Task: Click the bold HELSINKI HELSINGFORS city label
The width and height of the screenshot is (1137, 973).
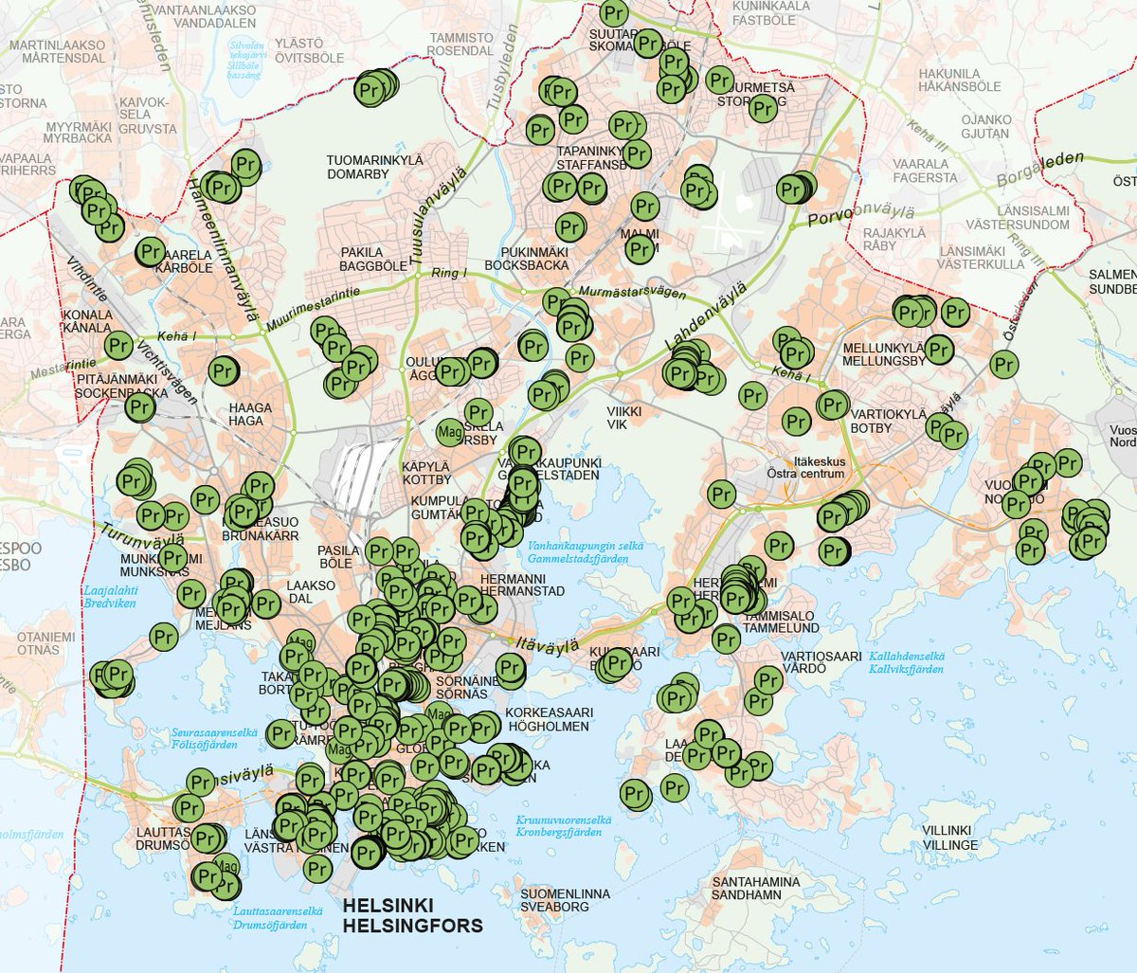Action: pyautogui.click(x=412, y=916)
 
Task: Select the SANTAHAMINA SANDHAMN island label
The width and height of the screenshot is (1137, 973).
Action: pyautogui.click(x=755, y=888)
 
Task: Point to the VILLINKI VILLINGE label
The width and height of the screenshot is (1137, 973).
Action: pyautogui.click(x=948, y=838)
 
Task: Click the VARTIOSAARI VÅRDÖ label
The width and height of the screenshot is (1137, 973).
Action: pyautogui.click(x=821, y=662)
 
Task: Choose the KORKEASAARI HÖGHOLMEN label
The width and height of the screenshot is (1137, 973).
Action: pyautogui.click(x=549, y=719)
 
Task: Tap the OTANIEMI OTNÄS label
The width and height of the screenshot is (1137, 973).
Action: pyautogui.click(x=45, y=643)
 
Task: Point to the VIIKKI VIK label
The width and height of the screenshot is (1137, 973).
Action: pyautogui.click(x=624, y=418)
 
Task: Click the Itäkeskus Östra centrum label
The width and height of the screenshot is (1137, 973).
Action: pyautogui.click(x=805, y=468)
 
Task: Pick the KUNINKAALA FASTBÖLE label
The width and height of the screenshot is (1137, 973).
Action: pyautogui.click(x=770, y=12)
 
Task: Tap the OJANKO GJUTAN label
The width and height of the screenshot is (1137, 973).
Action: pyautogui.click(x=985, y=127)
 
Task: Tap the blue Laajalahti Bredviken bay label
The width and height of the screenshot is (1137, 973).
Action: pyautogui.click(x=110, y=596)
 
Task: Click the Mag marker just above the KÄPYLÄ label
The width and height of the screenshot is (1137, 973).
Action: pyautogui.click(x=450, y=433)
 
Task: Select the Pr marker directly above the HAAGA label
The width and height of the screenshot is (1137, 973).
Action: pyautogui.click(x=223, y=371)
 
